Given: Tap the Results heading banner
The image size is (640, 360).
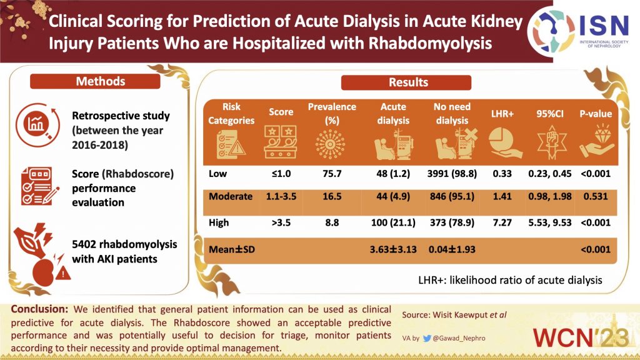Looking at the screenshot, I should coord(408,82).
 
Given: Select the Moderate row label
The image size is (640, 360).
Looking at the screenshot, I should coord(231,196).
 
